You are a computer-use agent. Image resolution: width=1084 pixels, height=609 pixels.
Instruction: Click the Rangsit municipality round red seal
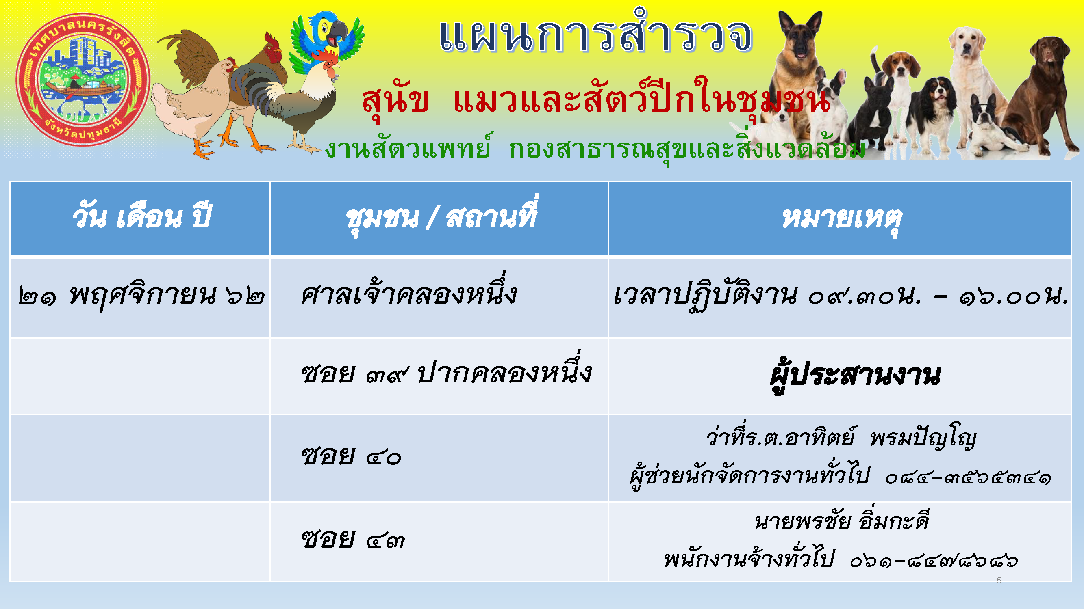83,80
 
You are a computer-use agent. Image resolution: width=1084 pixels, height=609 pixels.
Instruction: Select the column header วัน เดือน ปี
142,218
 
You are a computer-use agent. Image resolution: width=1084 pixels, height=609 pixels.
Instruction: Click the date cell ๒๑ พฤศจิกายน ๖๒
141,296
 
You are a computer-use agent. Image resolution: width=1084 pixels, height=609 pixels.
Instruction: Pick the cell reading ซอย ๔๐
351,456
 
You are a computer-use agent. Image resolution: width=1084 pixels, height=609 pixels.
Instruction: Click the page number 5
999,581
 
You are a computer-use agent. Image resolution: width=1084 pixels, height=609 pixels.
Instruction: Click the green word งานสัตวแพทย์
408,148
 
